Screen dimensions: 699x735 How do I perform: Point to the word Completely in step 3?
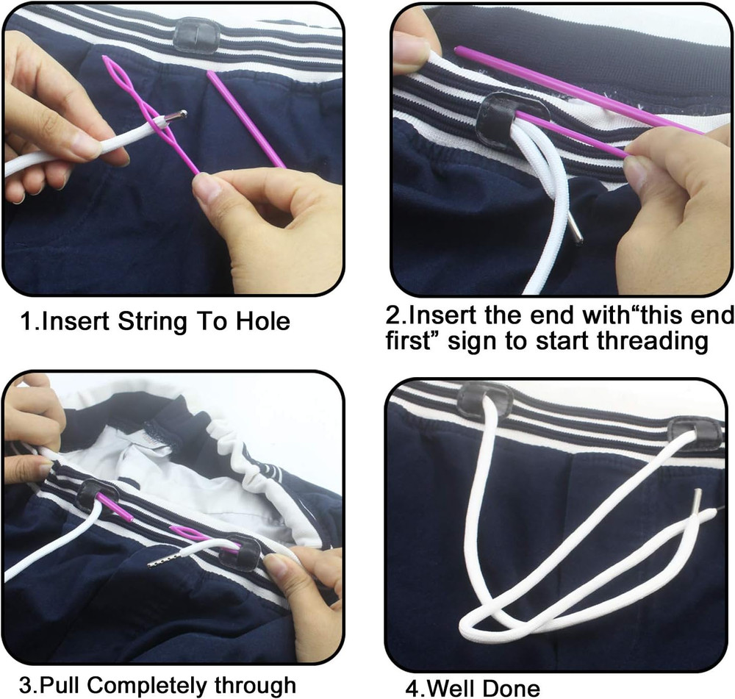[153, 685]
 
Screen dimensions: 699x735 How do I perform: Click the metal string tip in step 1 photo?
[175, 117]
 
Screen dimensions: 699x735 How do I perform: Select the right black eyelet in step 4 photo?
[697, 434]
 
